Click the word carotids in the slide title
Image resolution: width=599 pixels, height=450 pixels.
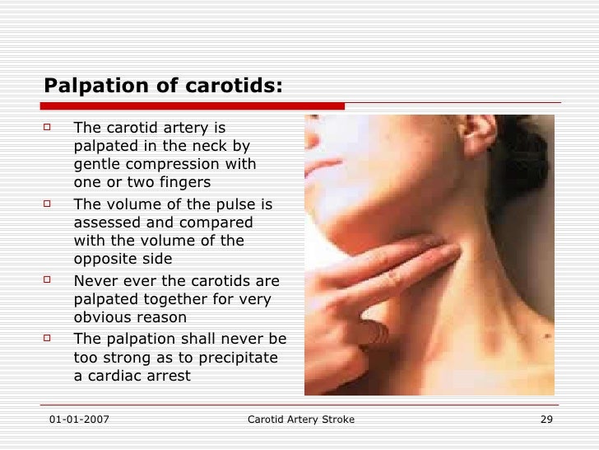[x=232, y=87]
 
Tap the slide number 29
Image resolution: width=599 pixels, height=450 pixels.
[x=546, y=420]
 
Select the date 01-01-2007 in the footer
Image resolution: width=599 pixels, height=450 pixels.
[x=78, y=420]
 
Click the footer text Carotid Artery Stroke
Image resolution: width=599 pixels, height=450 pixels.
[x=300, y=420]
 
